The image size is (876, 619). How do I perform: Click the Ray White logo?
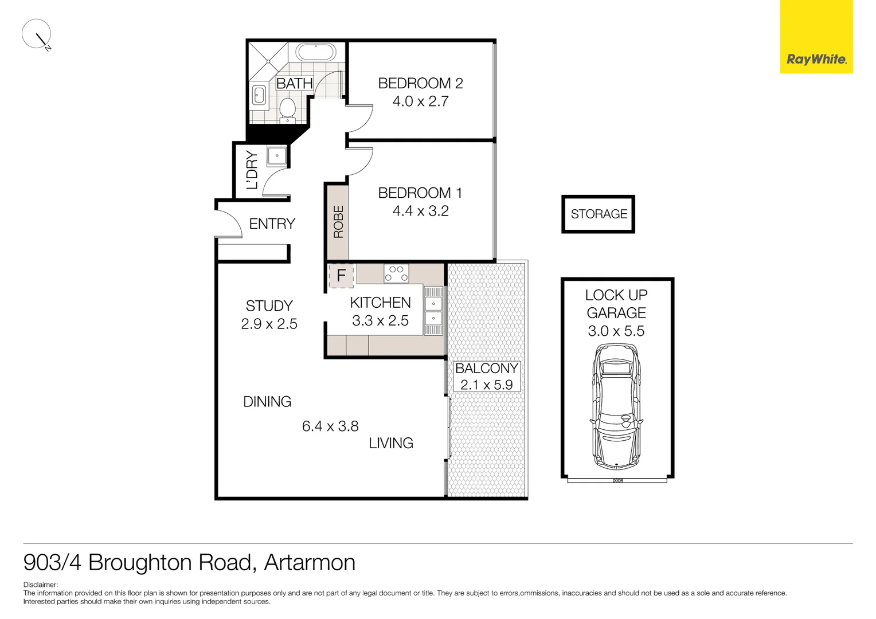click(x=816, y=58)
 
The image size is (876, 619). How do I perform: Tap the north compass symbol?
click(x=37, y=34)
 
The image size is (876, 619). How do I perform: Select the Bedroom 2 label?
click(x=420, y=83)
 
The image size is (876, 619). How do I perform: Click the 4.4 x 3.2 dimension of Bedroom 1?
click(x=420, y=211)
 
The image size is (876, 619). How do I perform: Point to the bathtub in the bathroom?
click(x=315, y=52)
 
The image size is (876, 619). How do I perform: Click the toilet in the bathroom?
click(x=287, y=108)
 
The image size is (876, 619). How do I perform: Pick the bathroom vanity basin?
click(x=259, y=95)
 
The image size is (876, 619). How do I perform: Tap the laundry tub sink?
click(x=277, y=155)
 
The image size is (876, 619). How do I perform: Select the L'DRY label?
click(x=252, y=170)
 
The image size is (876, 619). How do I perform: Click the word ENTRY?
click(x=272, y=224)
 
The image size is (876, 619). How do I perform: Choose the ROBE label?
click(x=338, y=222)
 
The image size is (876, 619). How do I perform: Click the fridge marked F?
click(x=341, y=276)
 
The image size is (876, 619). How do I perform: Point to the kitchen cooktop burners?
click(x=396, y=273)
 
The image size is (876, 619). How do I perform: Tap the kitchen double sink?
click(x=433, y=310)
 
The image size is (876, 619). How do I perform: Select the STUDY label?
click(x=269, y=305)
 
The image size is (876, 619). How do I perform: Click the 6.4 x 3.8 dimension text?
click(x=330, y=426)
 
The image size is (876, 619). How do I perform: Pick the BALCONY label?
click(x=486, y=368)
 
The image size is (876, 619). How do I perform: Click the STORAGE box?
click(x=599, y=214)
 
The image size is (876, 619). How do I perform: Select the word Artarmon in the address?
click(x=310, y=563)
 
